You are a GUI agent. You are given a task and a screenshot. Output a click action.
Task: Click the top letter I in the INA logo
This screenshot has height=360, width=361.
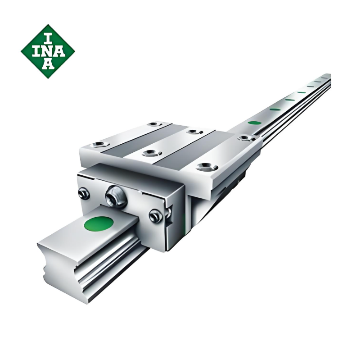click(48, 38)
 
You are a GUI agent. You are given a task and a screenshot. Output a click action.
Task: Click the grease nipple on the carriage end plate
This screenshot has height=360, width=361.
click(116, 196)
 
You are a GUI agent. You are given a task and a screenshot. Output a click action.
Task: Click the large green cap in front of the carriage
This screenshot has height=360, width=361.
click(99, 224)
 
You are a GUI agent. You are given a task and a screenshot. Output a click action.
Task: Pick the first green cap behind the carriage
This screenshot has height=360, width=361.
click(255, 123)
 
